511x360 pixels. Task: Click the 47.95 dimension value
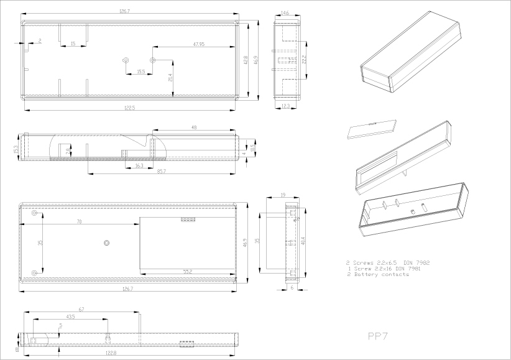pyautogui.click(x=199, y=44)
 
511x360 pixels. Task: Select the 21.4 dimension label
pyautogui.click(x=170, y=78)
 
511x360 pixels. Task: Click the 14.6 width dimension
pyautogui.click(x=285, y=12)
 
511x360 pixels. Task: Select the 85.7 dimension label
pyautogui.click(x=162, y=171)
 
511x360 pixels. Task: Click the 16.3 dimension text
pyautogui.click(x=139, y=165)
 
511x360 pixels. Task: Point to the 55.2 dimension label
pyautogui.click(x=187, y=272)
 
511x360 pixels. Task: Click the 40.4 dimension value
pyautogui.click(x=303, y=241)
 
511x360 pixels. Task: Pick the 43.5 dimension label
pyautogui.click(x=71, y=317)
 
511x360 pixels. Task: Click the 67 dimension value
pyautogui.click(x=81, y=308)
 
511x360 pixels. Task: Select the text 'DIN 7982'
pyautogui.click(x=417, y=262)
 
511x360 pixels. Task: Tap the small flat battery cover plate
pyautogui.click(x=371, y=129)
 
